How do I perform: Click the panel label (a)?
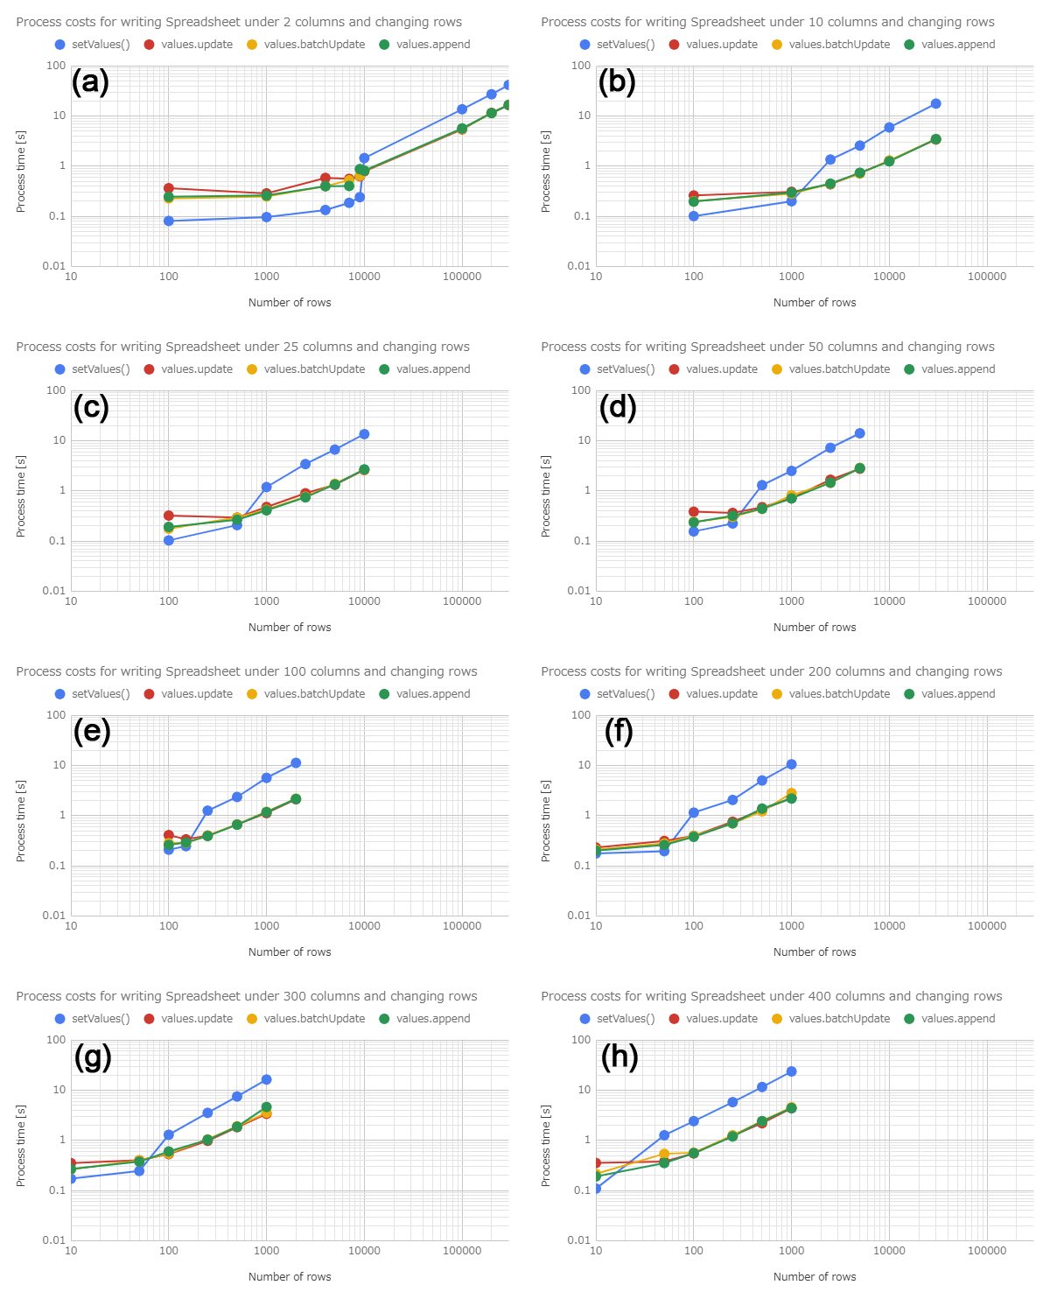(90, 82)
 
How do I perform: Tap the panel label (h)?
(619, 1057)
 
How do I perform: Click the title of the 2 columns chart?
(239, 22)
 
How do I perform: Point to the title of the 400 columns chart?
(771, 996)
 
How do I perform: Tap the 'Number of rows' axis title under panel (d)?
(815, 628)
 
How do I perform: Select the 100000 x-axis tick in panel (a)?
(462, 277)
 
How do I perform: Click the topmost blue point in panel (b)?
(935, 104)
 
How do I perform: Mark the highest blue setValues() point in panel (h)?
(791, 1071)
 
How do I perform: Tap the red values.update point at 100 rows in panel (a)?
(169, 188)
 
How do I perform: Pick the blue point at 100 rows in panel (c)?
(169, 540)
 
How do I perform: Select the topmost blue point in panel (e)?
(296, 763)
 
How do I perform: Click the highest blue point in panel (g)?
(266, 1080)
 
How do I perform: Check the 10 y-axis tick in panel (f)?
(584, 765)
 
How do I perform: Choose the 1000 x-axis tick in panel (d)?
(791, 601)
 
